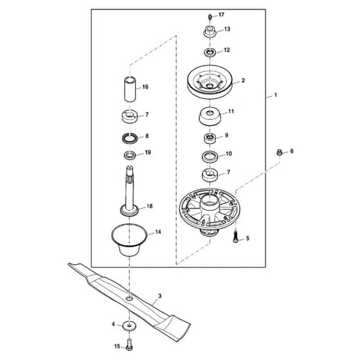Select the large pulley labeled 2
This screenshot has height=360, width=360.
click(210, 82)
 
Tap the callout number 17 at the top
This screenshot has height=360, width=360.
click(221, 15)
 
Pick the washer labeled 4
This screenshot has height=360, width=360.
click(129, 326)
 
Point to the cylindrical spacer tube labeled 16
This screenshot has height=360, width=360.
click(130, 89)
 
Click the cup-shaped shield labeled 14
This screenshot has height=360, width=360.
click(129, 240)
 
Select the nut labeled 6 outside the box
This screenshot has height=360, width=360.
click(279, 152)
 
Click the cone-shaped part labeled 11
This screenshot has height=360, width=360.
click(210, 116)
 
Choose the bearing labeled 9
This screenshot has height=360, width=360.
click(210, 138)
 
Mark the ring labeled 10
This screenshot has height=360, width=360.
click(210, 157)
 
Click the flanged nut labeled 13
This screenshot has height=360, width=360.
click(210, 32)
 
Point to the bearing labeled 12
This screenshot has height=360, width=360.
click(210, 52)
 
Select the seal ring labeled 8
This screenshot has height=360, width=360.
click(130, 138)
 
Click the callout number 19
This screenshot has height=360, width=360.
click(148, 152)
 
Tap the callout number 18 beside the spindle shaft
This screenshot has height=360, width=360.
click(149, 206)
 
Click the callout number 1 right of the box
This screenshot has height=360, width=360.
click(276, 95)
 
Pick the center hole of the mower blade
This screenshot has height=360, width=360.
click(129, 298)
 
